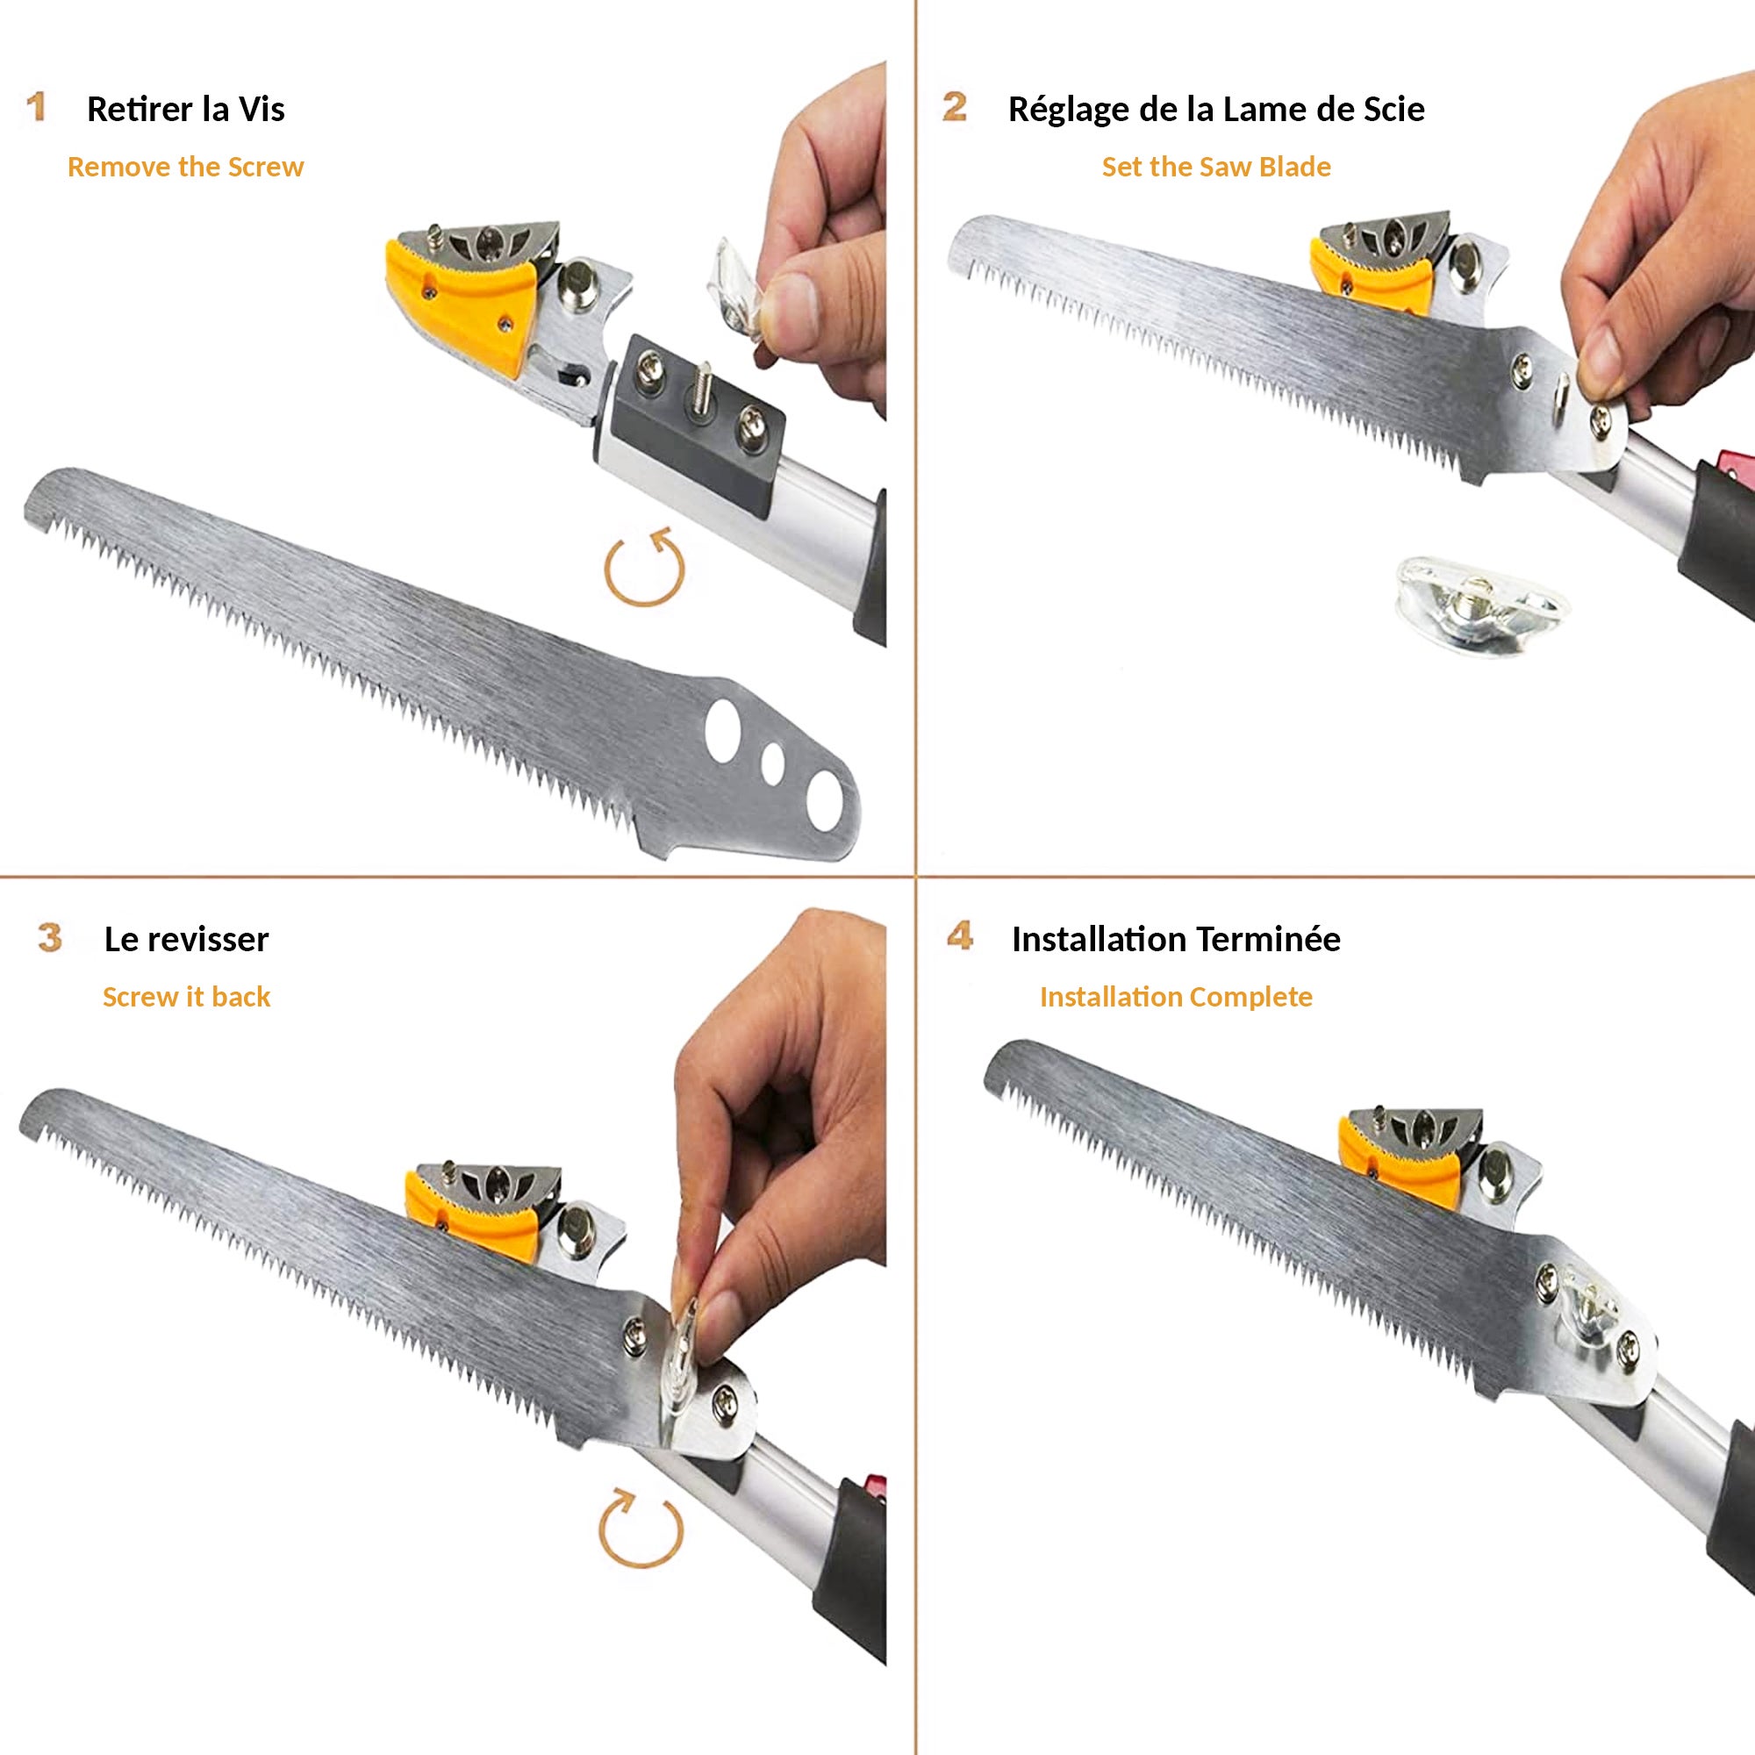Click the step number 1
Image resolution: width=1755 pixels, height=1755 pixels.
(x=36, y=107)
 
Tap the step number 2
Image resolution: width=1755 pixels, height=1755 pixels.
(x=954, y=107)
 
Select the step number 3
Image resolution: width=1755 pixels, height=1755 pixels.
(x=50, y=937)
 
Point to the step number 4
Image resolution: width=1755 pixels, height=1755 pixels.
(x=959, y=935)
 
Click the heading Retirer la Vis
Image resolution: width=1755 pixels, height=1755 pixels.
(x=185, y=109)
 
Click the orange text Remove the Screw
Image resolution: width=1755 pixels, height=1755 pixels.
(x=185, y=167)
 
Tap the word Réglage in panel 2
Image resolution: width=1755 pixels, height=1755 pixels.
(x=1068, y=111)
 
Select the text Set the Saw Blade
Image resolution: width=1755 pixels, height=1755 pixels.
(x=1215, y=167)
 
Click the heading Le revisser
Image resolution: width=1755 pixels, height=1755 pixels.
(x=186, y=939)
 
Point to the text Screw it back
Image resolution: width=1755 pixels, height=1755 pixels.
(x=186, y=997)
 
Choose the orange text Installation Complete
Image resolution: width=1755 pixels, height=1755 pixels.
(x=1176, y=997)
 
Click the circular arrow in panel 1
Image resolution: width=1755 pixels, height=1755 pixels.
(x=644, y=569)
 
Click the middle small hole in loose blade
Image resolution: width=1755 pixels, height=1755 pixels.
(x=773, y=764)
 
